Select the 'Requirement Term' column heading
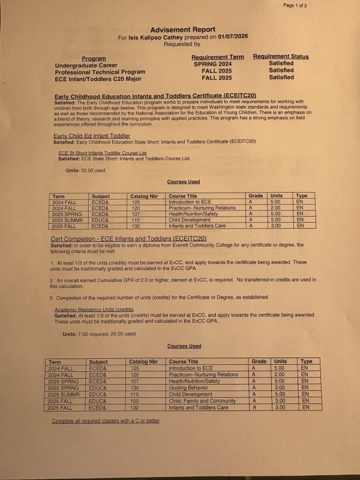pos(217,57)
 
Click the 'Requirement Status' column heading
pos(281,57)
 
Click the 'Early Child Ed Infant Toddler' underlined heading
pos(91,136)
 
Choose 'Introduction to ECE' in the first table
pos(190,202)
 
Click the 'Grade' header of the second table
pos(259,362)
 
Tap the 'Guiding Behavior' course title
pos(190,388)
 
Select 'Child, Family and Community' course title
pos(202,401)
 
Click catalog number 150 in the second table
pos(136,401)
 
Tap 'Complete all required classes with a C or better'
pos(106,421)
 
